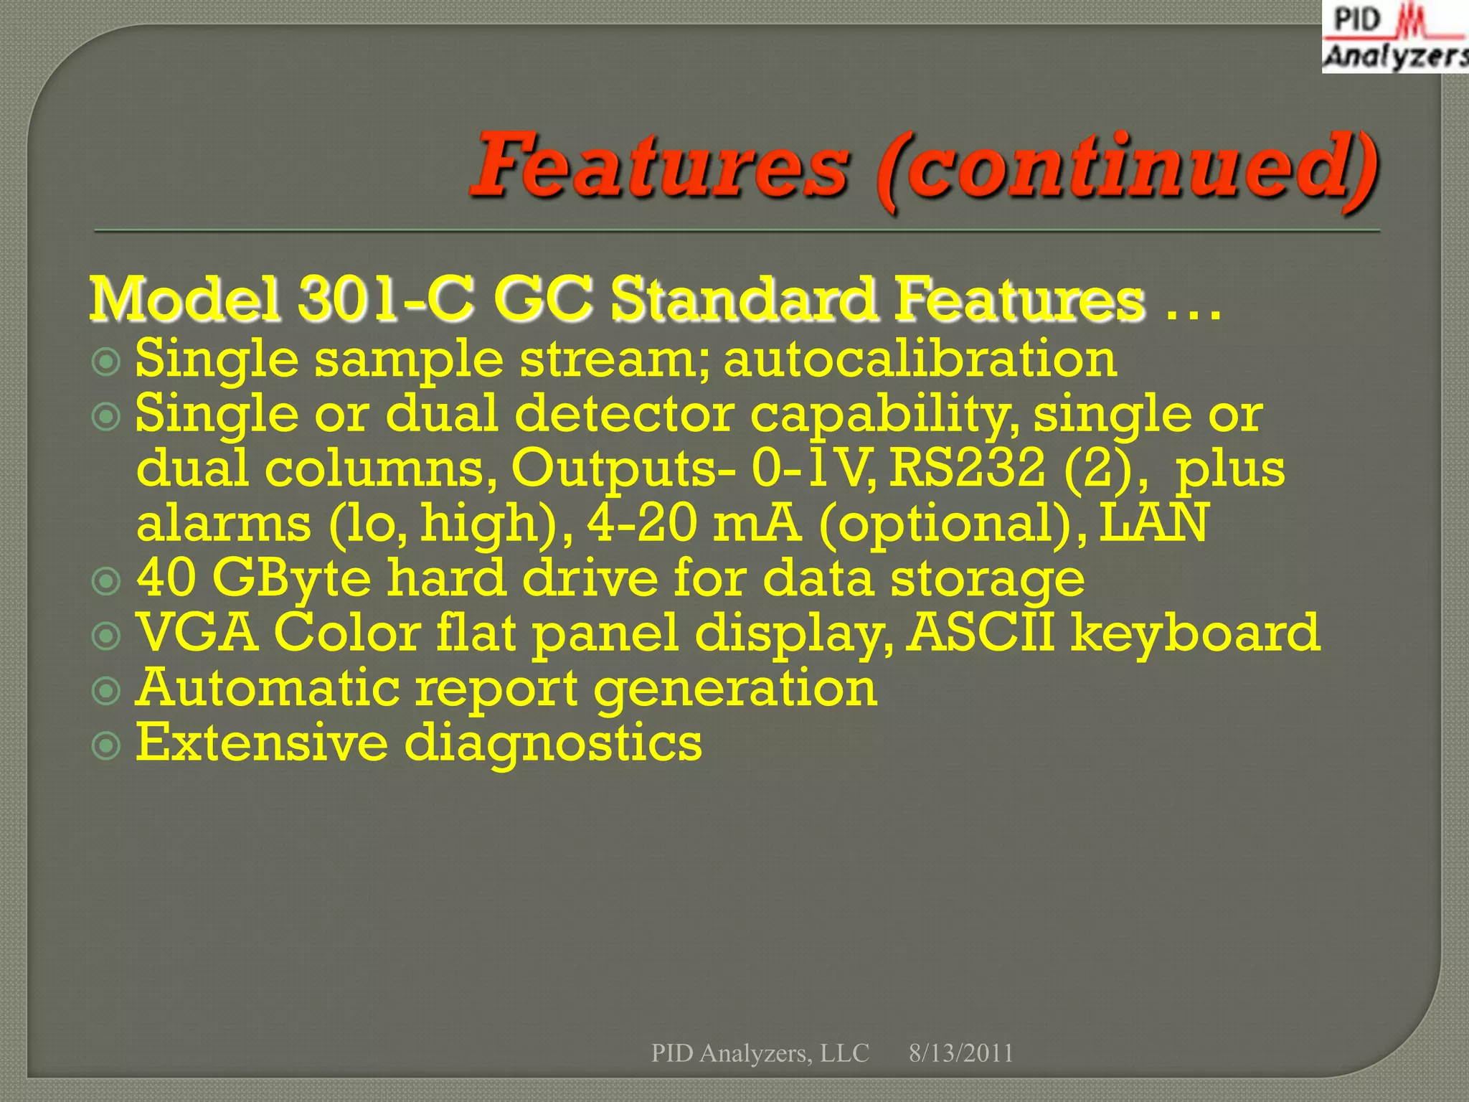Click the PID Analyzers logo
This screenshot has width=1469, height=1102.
[x=1394, y=37]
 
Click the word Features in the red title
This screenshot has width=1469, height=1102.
[x=660, y=166]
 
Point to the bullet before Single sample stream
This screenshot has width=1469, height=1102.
[x=106, y=361]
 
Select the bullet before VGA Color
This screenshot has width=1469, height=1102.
[x=106, y=635]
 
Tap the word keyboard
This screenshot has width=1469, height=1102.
[x=1195, y=634]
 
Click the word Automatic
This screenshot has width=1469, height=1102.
[x=267, y=688]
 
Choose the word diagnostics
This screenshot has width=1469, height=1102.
[x=553, y=743]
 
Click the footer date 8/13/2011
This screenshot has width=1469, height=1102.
[x=960, y=1053]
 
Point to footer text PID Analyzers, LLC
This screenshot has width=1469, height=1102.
[x=760, y=1053]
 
